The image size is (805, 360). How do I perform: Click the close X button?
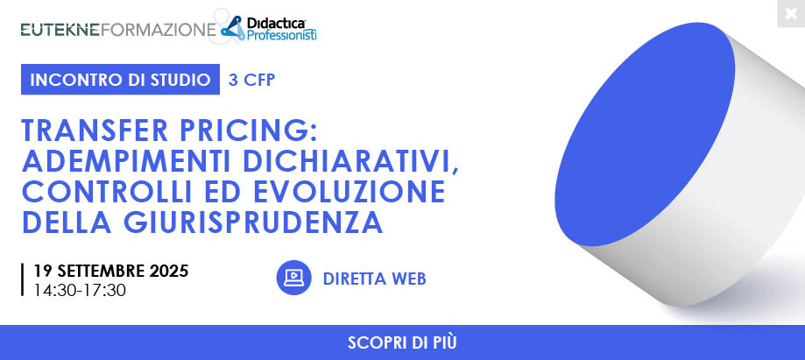point(791,14)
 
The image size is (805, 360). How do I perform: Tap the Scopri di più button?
point(403,342)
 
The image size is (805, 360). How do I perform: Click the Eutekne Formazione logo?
point(118,30)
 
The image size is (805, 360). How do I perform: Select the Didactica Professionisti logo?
point(269,29)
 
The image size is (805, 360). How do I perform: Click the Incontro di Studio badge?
point(120,80)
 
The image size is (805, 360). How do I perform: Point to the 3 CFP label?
point(251,80)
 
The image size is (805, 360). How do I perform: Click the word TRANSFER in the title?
point(95,131)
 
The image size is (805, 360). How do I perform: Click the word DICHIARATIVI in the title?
point(350,162)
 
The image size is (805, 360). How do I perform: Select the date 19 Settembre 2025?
point(111,271)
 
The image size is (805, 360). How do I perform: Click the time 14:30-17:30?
point(80,290)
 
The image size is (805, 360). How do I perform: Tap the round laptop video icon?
point(293,278)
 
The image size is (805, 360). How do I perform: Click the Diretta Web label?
point(375,279)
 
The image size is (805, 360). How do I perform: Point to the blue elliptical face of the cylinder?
point(645,134)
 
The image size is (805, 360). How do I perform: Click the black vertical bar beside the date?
point(23,280)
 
